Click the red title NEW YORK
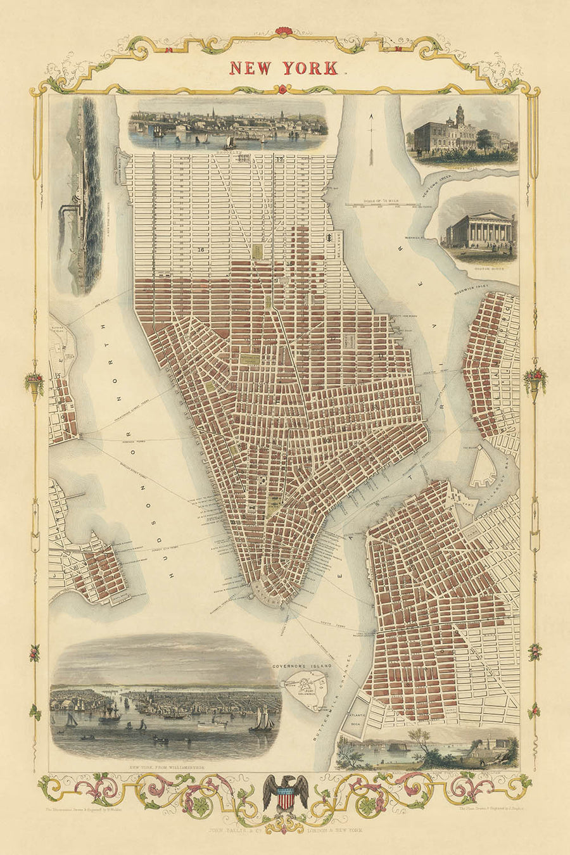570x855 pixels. click(284, 68)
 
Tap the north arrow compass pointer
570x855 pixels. click(370, 130)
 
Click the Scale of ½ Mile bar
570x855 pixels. click(388, 205)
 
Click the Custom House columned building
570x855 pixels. click(479, 229)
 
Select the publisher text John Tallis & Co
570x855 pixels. click(284, 830)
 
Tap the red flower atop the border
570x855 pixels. click(284, 30)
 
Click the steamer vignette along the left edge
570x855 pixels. click(81, 196)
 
